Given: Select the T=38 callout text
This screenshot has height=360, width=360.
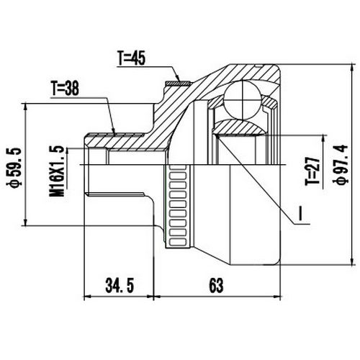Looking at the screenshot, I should tap(66, 89).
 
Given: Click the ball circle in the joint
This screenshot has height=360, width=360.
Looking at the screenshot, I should tap(240, 99).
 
